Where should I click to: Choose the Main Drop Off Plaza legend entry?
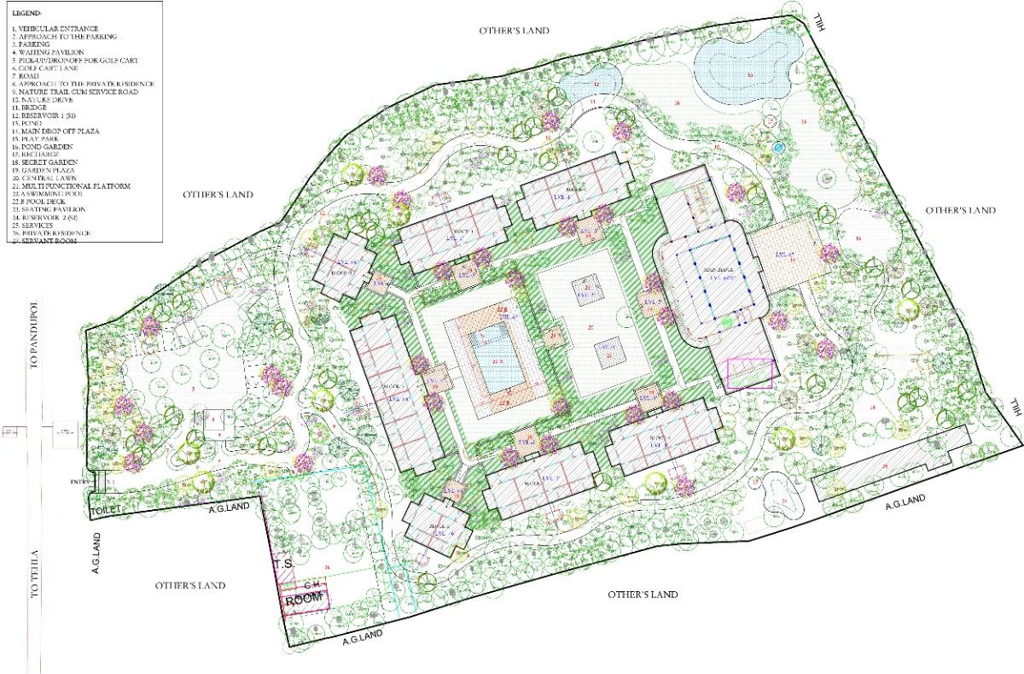pyautogui.click(x=59, y=131)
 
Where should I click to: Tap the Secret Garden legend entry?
pyautogui.click(x=48, y=161)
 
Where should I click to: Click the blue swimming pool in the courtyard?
pyautogui.click(x=497, y=360)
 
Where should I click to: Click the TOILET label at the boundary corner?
pyautogui.click(x=108, y=512)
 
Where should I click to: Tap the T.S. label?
pyautogui.click(x=283, y=565)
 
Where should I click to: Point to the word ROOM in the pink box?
pyautogui.click(x=305, y=599)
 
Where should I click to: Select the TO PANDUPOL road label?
pyautogui.click(x=35, y=334)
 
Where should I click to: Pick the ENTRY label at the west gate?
pyautogui.click(x=82, y=483)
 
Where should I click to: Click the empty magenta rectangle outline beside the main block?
pyautogui.click(x=749, y=373)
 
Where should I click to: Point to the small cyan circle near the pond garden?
pyautogui.click(x=777, y=147)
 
